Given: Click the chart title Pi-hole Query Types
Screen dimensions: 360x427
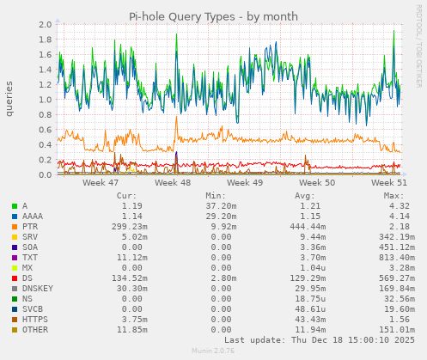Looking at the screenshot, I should coord(213,16).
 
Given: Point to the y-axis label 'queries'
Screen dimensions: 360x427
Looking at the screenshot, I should coord(9,99).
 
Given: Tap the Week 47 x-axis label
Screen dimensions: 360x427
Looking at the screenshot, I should coord(101,183).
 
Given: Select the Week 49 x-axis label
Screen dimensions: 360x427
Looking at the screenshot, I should coord(245,183).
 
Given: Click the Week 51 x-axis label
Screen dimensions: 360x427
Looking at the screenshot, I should coord(389,183).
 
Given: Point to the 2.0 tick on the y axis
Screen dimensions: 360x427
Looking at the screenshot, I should coord(44,24).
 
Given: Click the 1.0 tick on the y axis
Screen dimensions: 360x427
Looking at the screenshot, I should coord(44,100).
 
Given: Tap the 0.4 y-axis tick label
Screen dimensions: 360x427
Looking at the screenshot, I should coord(44,144).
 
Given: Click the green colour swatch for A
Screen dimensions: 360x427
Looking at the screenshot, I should coord(15,206).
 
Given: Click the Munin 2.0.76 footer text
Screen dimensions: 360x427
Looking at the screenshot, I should coord(213,351).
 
